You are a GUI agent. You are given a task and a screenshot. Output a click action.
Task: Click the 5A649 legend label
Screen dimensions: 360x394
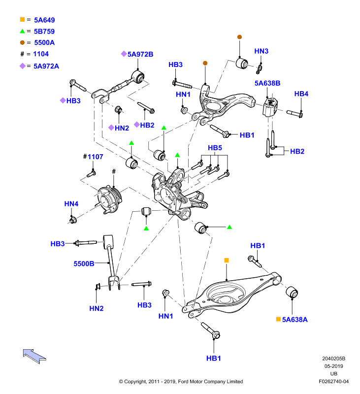(44, 20)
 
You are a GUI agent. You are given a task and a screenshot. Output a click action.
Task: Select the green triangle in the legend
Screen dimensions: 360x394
(22, 31)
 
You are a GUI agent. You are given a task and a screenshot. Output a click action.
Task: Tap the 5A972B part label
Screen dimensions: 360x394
(140, 54)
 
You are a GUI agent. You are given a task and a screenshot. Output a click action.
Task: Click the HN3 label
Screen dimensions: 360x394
(262, 51)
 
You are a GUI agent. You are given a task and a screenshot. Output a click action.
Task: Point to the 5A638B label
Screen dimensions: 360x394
(267, 83)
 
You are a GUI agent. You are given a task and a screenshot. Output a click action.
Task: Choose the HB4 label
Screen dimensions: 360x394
(301, 94)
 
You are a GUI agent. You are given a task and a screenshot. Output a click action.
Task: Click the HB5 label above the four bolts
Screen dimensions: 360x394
(215, 148)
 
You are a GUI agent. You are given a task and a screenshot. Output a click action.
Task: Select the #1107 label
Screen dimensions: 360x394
(93, 157)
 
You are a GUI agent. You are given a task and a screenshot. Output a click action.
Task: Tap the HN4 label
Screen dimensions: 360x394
(71, 203)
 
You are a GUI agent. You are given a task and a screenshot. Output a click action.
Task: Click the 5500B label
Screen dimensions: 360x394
(84, 263)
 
